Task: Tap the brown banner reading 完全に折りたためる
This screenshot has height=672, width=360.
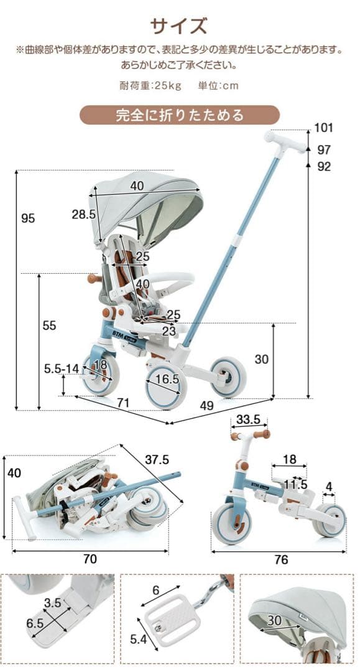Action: coord(180,115)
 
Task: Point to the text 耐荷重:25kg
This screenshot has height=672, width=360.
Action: coord(150,85)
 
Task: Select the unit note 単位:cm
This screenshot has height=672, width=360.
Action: coord(218,85)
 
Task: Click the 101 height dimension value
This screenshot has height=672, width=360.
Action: coord(323,128)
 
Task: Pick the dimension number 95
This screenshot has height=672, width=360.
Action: coord(28,218)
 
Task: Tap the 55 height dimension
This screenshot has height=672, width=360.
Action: coord(49,325)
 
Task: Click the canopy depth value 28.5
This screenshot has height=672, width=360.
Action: coord(83,214)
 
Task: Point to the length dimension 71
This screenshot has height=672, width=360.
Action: coord(123,403)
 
